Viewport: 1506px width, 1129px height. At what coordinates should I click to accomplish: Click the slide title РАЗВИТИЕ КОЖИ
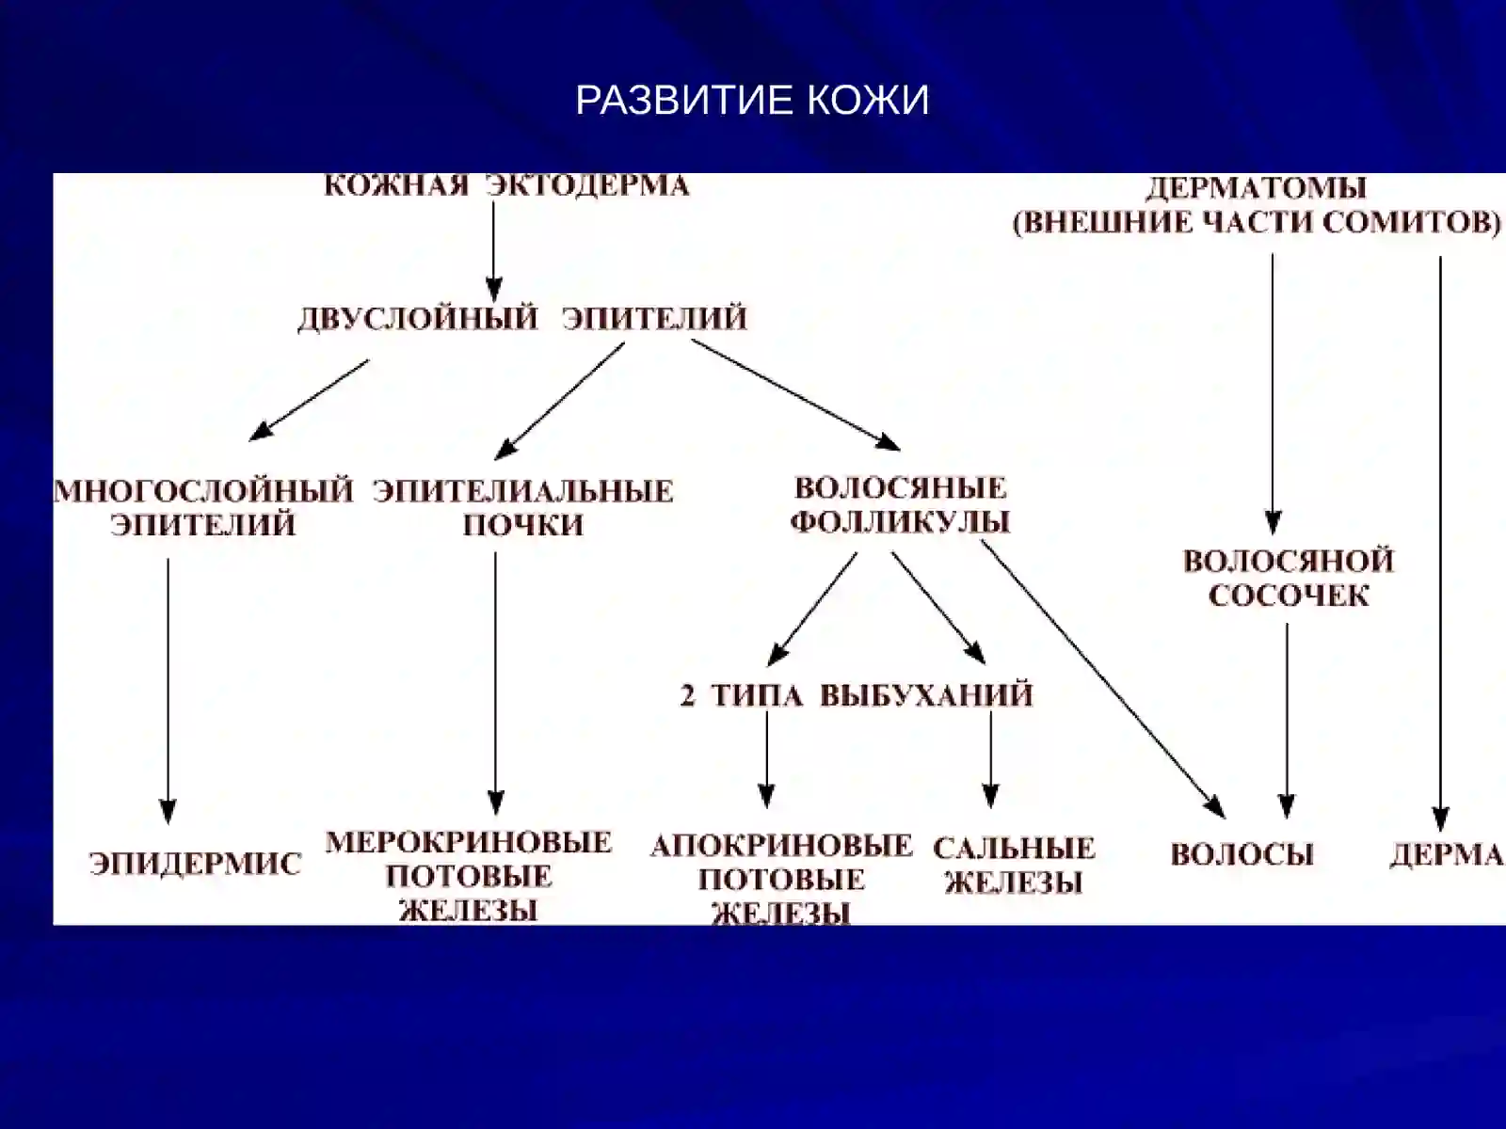coord(752,100)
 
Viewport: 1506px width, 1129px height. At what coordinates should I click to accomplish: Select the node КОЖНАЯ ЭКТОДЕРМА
coord(506,185)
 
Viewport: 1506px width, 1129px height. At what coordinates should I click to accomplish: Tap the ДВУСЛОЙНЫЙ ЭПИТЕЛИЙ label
coord(522,319)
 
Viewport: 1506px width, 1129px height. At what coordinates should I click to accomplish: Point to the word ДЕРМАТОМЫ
coord(1256,188)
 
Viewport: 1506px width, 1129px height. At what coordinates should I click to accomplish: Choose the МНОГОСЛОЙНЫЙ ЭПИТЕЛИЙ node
coord(203,508)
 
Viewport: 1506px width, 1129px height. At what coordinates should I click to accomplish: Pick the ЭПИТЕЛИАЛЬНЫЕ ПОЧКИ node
coord(522,508)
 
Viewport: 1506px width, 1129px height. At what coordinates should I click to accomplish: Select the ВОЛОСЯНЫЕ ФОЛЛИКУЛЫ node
coord(900,505)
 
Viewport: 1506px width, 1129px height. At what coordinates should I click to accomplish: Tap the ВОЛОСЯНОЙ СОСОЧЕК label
coord(1289,578)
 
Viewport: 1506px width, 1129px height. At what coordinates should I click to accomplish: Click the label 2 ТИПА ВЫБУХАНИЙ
coord(857,696)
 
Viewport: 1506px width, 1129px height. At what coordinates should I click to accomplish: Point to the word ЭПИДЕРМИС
coord(196,864)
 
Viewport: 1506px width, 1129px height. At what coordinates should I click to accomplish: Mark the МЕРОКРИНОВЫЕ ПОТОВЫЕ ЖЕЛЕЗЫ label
coord(469,876)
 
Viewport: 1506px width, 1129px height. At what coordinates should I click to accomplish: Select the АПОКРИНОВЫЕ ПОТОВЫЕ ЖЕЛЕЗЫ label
coord(781,880)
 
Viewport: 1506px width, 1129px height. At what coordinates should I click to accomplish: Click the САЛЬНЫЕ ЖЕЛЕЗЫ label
coord(1014,865)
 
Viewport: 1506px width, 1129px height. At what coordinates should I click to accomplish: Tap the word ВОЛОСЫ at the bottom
coord(1242,855)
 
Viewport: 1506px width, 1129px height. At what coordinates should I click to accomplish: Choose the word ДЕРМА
coord(1447,855)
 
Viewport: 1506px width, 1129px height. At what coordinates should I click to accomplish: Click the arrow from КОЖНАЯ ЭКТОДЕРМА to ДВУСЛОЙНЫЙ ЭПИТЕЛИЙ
coord(493,250)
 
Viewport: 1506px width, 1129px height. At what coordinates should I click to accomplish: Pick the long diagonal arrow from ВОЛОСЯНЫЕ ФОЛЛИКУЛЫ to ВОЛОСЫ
coord(1103,678)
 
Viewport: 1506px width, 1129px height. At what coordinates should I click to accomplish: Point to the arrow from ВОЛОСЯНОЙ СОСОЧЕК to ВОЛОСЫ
coord(1287,720)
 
